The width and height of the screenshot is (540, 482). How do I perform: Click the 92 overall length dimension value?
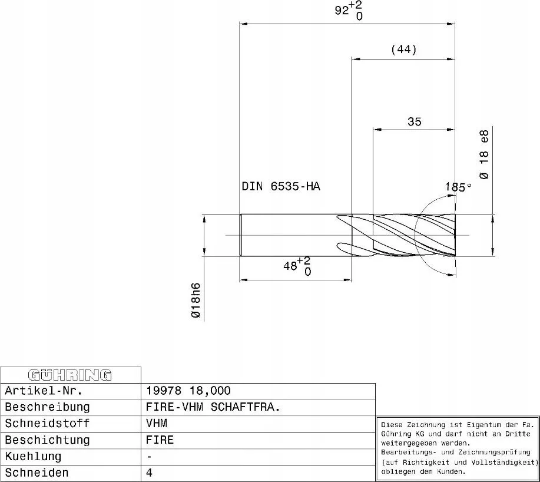click(x=342, y=11)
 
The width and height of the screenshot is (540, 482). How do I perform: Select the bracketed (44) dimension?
click(x=404, y=49)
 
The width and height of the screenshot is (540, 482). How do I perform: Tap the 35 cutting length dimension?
click(x=415, y=121)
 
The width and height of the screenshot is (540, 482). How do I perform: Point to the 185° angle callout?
click(x=458, y=187)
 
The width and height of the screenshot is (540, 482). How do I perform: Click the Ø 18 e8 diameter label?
click(x=484, y=155)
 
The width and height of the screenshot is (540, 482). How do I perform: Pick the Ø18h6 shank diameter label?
click(x=196, y=300)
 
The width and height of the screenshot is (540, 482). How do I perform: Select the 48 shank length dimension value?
click(x=290, y=266)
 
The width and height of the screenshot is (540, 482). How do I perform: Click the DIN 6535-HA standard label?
click(x=281, y=186)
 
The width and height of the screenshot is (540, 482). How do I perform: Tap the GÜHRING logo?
click(x=70, y=375)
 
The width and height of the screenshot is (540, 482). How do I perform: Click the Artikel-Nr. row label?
click(x=44, y=391)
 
